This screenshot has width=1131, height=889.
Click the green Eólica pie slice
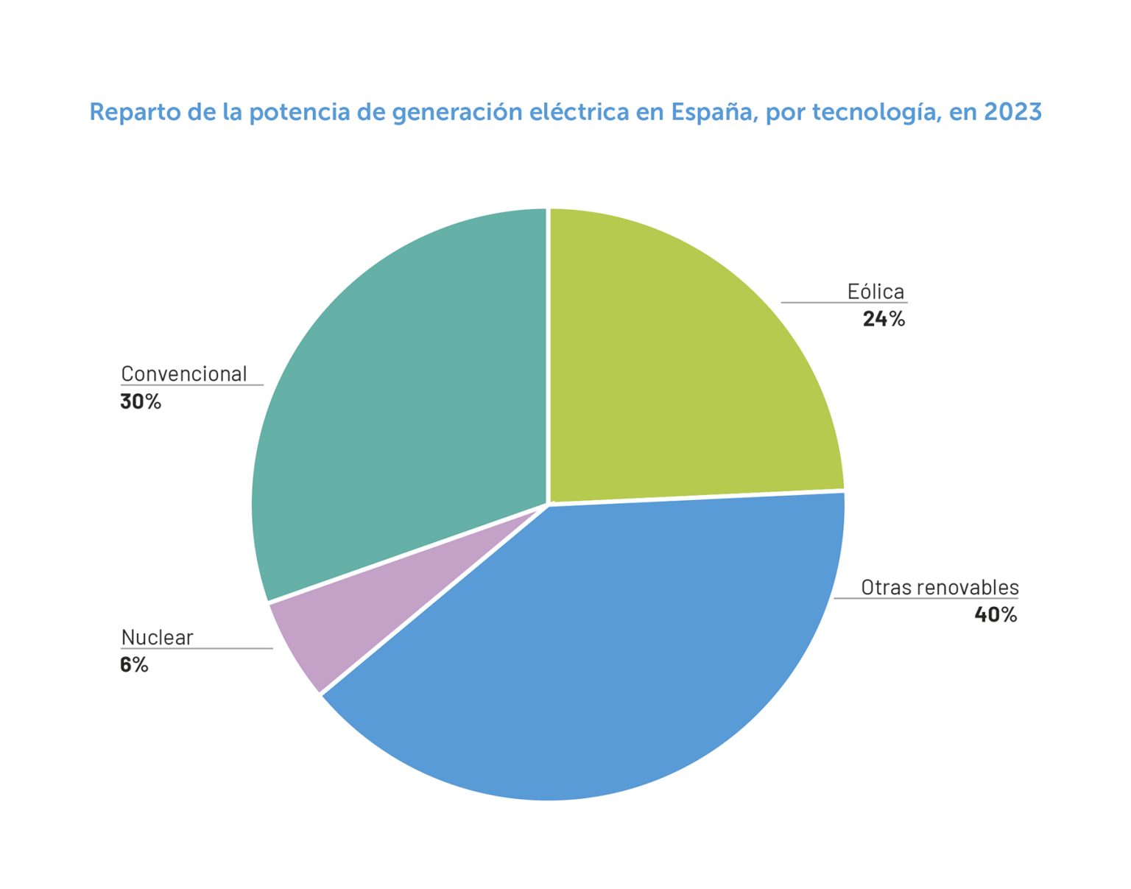click(685, 368)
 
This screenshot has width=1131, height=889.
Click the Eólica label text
click(875, 292)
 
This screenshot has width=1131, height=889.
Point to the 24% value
click(884, 319)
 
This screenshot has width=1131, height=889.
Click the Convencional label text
click(184, 374)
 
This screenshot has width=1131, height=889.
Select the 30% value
click(141, 401)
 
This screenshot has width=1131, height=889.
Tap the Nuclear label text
click(157, 637)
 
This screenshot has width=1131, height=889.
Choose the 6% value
click(134, 665)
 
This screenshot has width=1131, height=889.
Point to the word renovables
click(968, 588)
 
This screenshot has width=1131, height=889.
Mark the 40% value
click(996, 614)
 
